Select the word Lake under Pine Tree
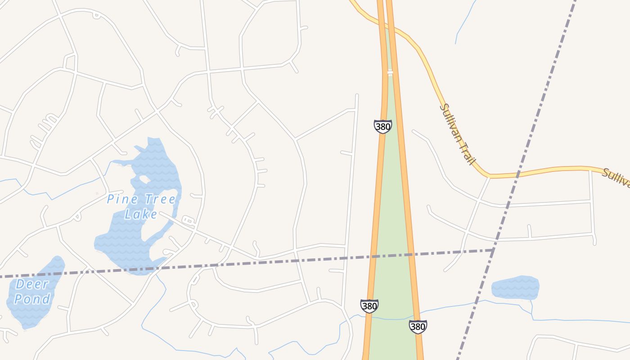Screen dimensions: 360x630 click(x=141, y=214)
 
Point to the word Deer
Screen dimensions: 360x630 click(x=32, y=284)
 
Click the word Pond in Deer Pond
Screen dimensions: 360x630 click(x=32, y=299)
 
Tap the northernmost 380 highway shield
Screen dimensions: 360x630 click(x=382, y=126)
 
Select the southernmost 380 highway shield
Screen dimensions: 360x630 click(x=418, y=327)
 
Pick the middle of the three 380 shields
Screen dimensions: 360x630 click(x=369, y=306)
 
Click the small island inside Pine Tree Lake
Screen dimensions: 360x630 click(x=145, y=179)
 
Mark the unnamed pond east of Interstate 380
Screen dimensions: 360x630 click(x=515, y=288)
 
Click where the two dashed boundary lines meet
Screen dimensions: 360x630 click(x=493, y=250)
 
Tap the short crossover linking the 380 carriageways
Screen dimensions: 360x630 click(x=390, y=72)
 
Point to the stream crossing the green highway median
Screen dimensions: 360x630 click(x=391, y=319)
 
